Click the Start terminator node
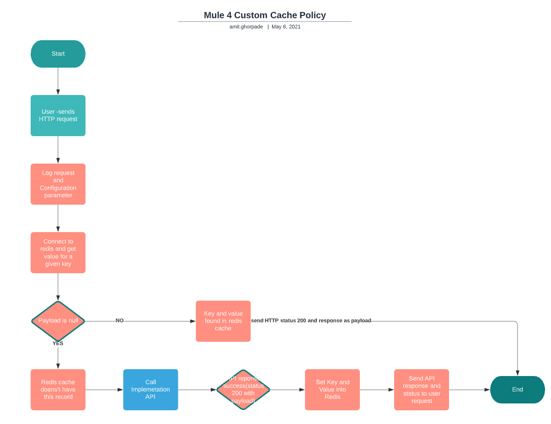tap(58, 54)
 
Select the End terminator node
tap(517, 390)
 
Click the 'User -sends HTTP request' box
tap(58, 116)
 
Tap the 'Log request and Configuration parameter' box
tap(58, 184)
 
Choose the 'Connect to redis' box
tap(58, 253)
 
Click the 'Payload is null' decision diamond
tap(58, 321)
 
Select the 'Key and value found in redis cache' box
tap(223, 321)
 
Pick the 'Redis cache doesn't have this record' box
tap(58, 390)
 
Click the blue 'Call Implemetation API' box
tap(150, 390)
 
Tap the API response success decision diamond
tap(243, 390)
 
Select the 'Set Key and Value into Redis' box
tap(332, 390)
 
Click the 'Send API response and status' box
tap(422, 390)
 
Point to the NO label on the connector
tap(120, 321)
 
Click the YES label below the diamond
tap(58, 344)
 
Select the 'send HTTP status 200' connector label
tap(311, 321)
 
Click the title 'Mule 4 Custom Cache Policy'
tap(265, 15)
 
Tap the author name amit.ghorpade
tap(246, 27)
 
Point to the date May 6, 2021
tap(286, 27)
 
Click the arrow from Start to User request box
tap(58, 81)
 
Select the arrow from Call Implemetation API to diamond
tap(197, 390)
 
